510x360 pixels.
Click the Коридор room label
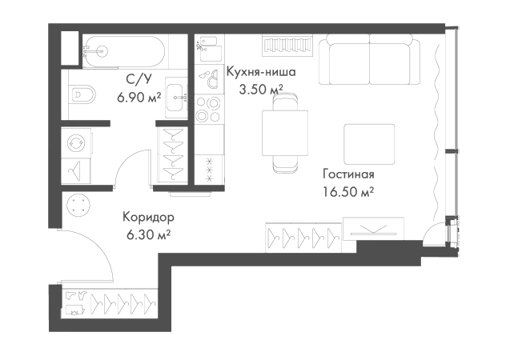tap(150, 218)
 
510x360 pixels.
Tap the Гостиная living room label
tap(349, 174)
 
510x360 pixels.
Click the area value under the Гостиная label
tap(349, 193)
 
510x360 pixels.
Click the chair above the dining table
tap(285, 98)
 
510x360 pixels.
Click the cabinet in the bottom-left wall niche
tap(108, 304)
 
